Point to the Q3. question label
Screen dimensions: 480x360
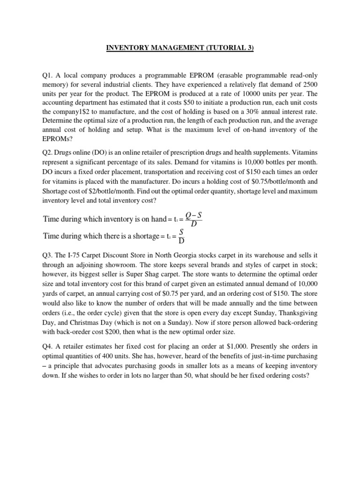[x=48, y=255]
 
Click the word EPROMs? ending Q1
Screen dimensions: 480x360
[x=58, y=139]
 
